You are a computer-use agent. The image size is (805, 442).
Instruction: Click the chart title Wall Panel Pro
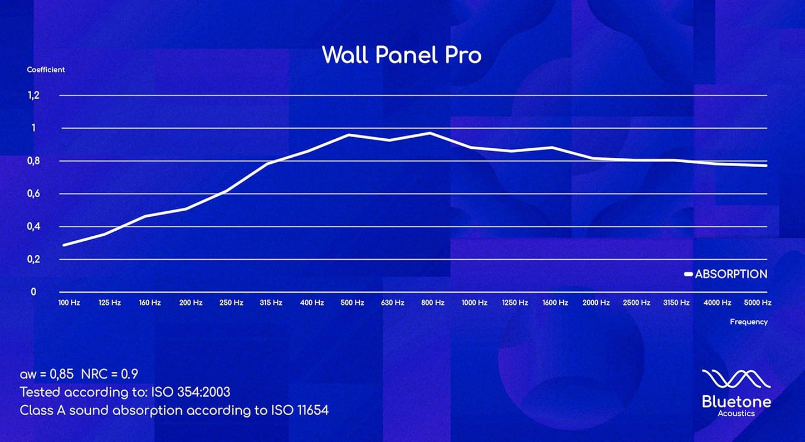click(402, 55)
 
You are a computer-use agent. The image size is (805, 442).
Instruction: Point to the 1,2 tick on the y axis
click(33, 95)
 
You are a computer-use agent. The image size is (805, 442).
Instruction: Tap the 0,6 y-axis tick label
click(33, 193)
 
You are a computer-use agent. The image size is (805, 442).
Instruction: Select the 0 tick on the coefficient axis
click(33, 292)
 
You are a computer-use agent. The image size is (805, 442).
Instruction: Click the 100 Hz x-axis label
click(69, 303)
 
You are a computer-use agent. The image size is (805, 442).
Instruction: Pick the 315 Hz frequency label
click(271, 303)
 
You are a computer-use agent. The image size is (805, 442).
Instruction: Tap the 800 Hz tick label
click(433, 303)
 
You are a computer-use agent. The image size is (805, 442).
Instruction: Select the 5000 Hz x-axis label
click(758, 303)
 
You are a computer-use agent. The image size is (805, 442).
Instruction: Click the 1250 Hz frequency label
click(515, 303)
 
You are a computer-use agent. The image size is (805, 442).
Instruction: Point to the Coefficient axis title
click(46, 70)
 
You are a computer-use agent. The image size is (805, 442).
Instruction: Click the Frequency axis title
click(749, 322)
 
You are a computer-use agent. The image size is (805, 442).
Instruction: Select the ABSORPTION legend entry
click(726, 274)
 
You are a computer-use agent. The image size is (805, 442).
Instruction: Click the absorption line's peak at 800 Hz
click(430, 133)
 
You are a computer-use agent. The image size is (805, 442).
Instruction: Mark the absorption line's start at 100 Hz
click(64, 245)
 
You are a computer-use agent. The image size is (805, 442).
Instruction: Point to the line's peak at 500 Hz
click(349, 135)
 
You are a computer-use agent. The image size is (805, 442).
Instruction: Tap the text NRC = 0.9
click(110, 375)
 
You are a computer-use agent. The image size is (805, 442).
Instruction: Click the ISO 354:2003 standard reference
click(191, 392)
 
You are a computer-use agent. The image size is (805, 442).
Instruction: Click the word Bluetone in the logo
click(736, 402)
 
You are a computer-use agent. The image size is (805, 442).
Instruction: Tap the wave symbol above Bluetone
click(736, 379)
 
